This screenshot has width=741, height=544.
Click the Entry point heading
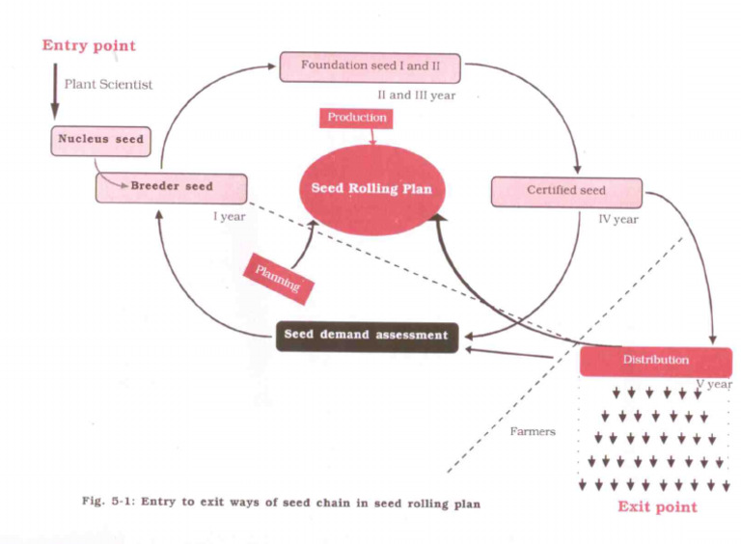tap(88, 45)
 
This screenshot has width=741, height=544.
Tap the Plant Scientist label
tap(108, 84)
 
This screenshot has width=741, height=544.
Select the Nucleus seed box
tap(99, 140)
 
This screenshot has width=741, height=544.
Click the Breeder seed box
tap(172, 186)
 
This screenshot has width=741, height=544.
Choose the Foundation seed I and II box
tap(370, 67)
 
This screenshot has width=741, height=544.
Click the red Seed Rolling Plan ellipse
tap(371, 189)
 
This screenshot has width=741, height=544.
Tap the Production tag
tap(357, 118)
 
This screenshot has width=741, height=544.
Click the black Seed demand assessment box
tap(366, 336)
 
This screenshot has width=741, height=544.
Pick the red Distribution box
tap(655, 360)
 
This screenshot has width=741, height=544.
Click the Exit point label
tap(657, 506)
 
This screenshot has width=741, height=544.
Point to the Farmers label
tap(533, 431)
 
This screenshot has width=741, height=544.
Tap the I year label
tap(230, 216)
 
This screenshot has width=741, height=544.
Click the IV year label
tap(618, 219)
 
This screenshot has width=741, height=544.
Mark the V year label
tap(714, 384)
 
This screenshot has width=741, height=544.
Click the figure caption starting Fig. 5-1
tap(280, 503)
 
